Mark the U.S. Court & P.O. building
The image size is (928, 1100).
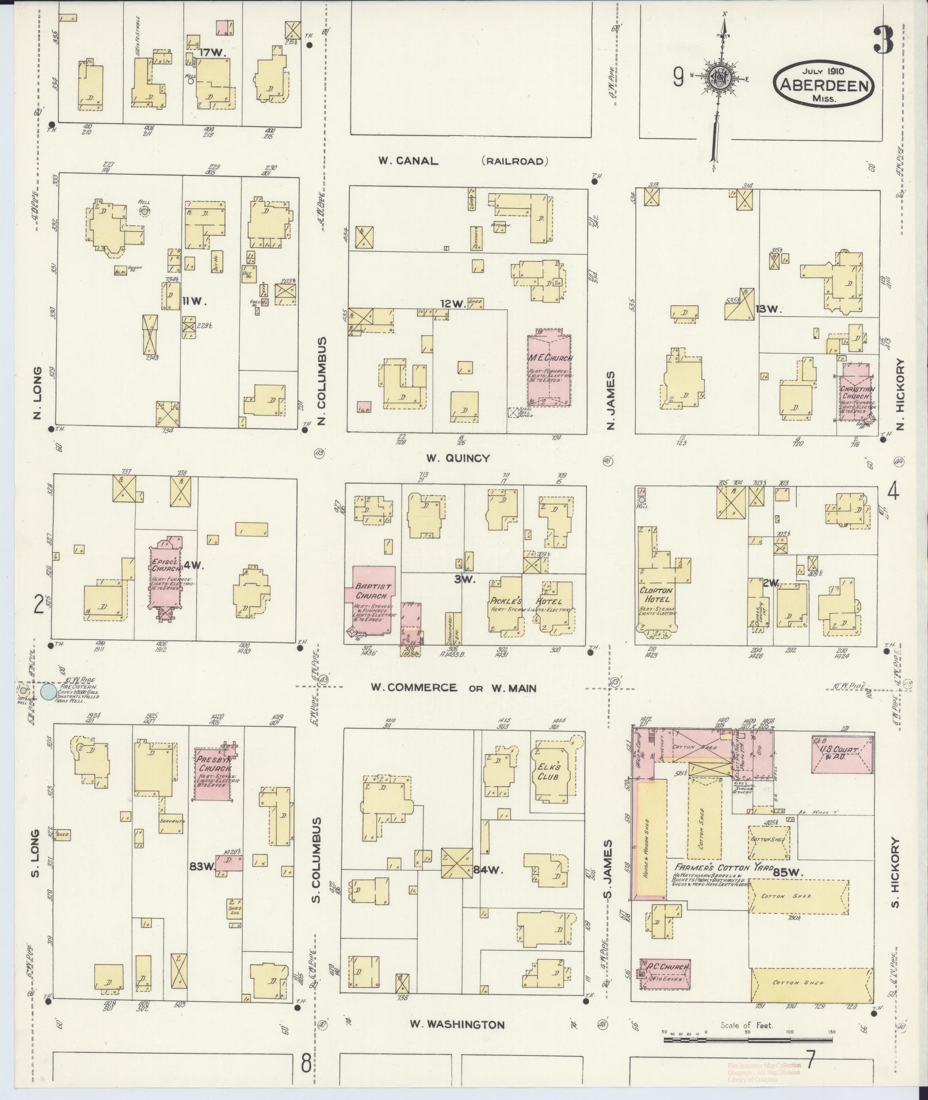point(842,753)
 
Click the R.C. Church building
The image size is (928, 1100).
point(665,968)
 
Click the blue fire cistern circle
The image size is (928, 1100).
point(48,691)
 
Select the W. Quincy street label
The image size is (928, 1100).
point(458,458)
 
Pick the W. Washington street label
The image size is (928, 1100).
point(457,1024)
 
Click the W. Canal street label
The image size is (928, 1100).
point(408,161)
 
